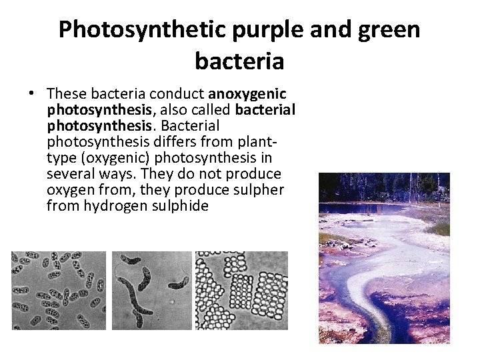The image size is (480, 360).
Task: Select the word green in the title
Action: pos(387,30)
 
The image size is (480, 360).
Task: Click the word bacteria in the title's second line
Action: pos(239,61)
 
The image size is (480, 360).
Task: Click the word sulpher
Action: pos(258,190)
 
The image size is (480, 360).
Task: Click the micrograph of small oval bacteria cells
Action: pos(59,290)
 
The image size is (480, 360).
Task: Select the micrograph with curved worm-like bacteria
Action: pos(151,290)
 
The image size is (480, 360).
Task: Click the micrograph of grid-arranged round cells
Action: pos(241,290)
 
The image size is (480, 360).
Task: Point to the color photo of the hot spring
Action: pos(384,267)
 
